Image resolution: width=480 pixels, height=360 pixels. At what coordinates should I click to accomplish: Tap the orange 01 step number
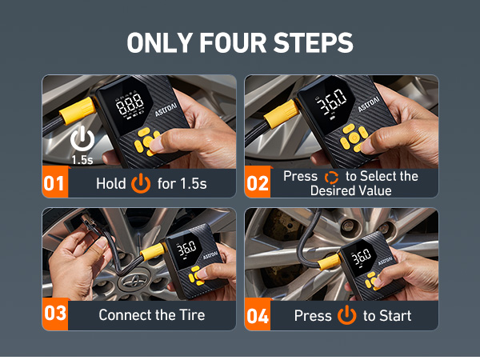(x=54, y=184)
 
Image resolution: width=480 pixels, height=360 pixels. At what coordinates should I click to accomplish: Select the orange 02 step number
(x=258, y=184)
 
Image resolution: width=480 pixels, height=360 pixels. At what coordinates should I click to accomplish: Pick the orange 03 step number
(x=54, y=314)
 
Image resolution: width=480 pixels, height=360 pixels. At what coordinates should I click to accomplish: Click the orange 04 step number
(x=258, y=315)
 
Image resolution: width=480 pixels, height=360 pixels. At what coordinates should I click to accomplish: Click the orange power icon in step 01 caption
(x=142, y=184)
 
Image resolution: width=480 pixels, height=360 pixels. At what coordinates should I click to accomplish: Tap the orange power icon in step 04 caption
(x=346, y=315)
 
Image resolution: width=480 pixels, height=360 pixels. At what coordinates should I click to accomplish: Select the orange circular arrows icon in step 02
(x=331, y=177)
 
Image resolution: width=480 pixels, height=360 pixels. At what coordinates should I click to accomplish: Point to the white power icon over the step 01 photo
(x=82, y=139)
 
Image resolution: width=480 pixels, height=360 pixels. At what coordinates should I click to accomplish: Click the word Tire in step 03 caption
(x=190, y=315)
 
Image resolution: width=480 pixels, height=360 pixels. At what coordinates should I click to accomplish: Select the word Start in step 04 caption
(x=394, y=315)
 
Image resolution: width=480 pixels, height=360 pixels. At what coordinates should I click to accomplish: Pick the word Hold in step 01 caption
(x=110, y=184)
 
